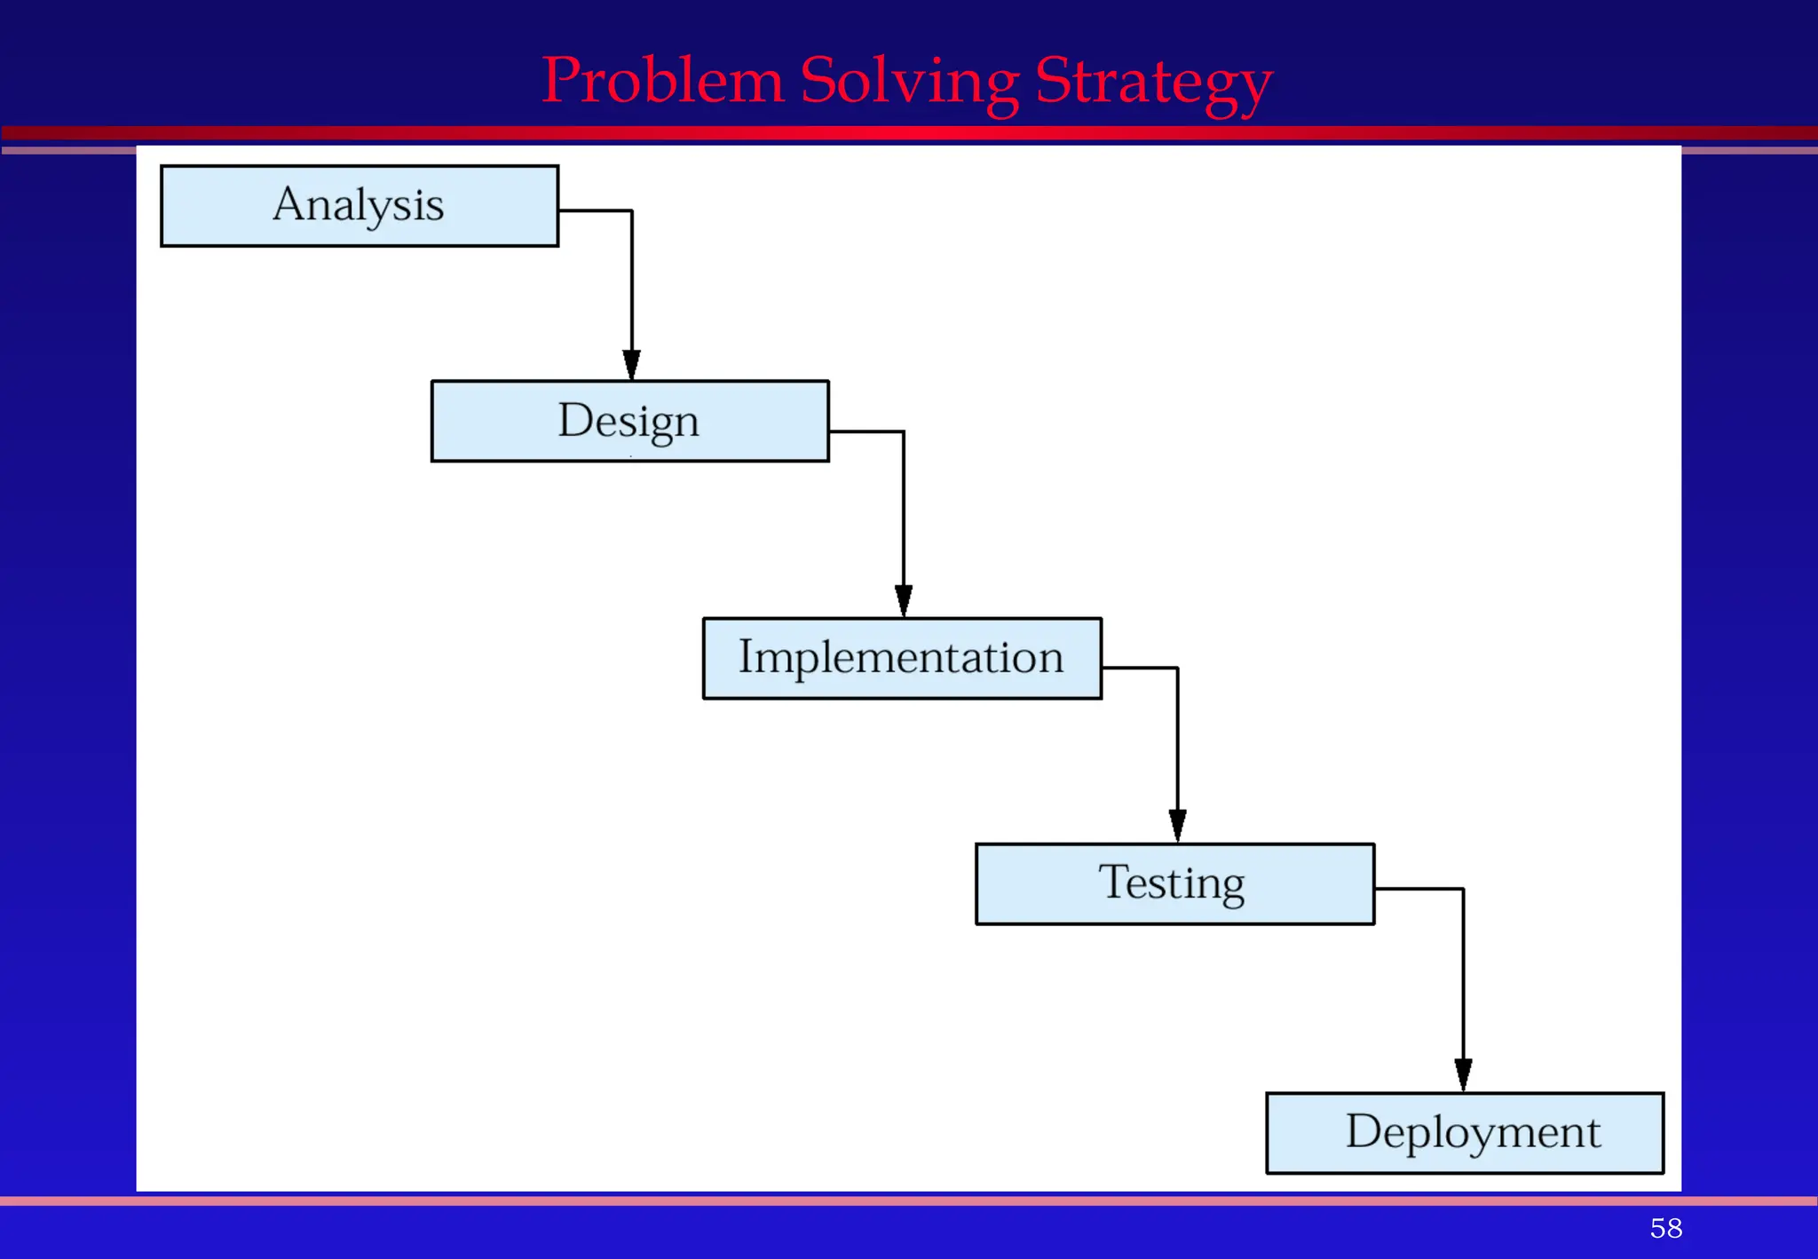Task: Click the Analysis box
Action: [360, 206]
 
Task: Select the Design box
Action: [629, 421]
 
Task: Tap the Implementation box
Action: [902, 658]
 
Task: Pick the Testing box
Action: [1174, 883]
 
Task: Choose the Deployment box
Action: [1465, 1133]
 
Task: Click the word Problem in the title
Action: [662, 81]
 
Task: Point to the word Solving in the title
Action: [909, 81]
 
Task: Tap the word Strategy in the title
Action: [1154, 83]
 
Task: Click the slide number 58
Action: [1665, 1228]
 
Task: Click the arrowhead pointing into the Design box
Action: [632, 365]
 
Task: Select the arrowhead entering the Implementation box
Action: [904, 601]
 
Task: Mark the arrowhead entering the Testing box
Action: [1178, 826]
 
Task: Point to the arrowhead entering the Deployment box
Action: [1463, 1074]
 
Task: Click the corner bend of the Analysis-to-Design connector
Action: [632, 211]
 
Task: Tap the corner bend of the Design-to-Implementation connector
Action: [904, 432]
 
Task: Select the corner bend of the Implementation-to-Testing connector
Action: [1178, 669]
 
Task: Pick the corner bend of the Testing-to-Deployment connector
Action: [1463, 889]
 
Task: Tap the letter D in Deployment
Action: [1363, 1131]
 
